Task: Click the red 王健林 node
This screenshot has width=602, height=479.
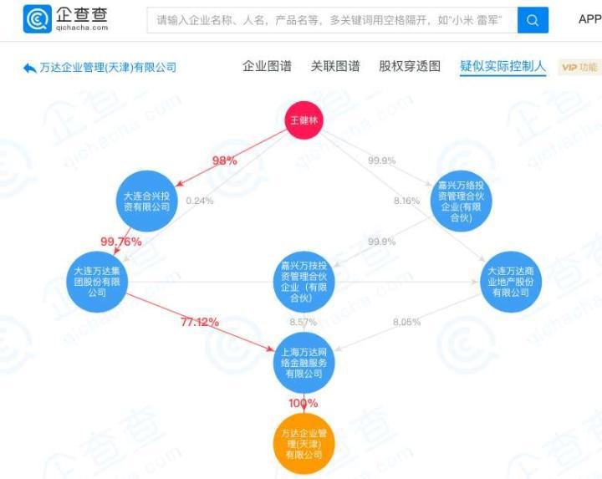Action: pos(304,120)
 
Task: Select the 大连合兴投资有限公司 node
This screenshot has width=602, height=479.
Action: pos(146,201)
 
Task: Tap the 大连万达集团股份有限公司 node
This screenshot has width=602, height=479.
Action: pos(97,282)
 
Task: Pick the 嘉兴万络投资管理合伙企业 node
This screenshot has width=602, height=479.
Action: pos(461,201)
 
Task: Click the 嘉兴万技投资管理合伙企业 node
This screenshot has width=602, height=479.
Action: pos(304,282)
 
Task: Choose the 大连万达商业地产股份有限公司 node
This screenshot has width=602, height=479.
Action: pos(511,282)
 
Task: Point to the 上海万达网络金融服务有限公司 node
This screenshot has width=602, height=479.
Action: pos(304,363)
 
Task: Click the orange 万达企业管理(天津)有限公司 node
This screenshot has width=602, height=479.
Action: pos(304,444)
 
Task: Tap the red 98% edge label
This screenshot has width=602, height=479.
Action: pos(225,161)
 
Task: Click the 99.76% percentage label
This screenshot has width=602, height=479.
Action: pos(121,242)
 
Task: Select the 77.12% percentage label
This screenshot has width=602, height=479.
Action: pos(200,322)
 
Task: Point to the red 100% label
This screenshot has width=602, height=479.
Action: pos(304,403)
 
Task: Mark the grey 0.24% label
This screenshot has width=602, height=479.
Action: pos(200,201)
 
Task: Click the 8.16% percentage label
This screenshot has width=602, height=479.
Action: pos(407,201)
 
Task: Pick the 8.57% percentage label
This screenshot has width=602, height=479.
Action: pos(304,322)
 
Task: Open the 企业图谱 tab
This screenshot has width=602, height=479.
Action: pos(267,66)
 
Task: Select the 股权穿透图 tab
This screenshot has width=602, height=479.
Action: pos(410,66)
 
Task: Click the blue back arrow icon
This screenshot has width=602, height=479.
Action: pos(30,68)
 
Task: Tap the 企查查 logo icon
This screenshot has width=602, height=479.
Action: pos(38,19)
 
